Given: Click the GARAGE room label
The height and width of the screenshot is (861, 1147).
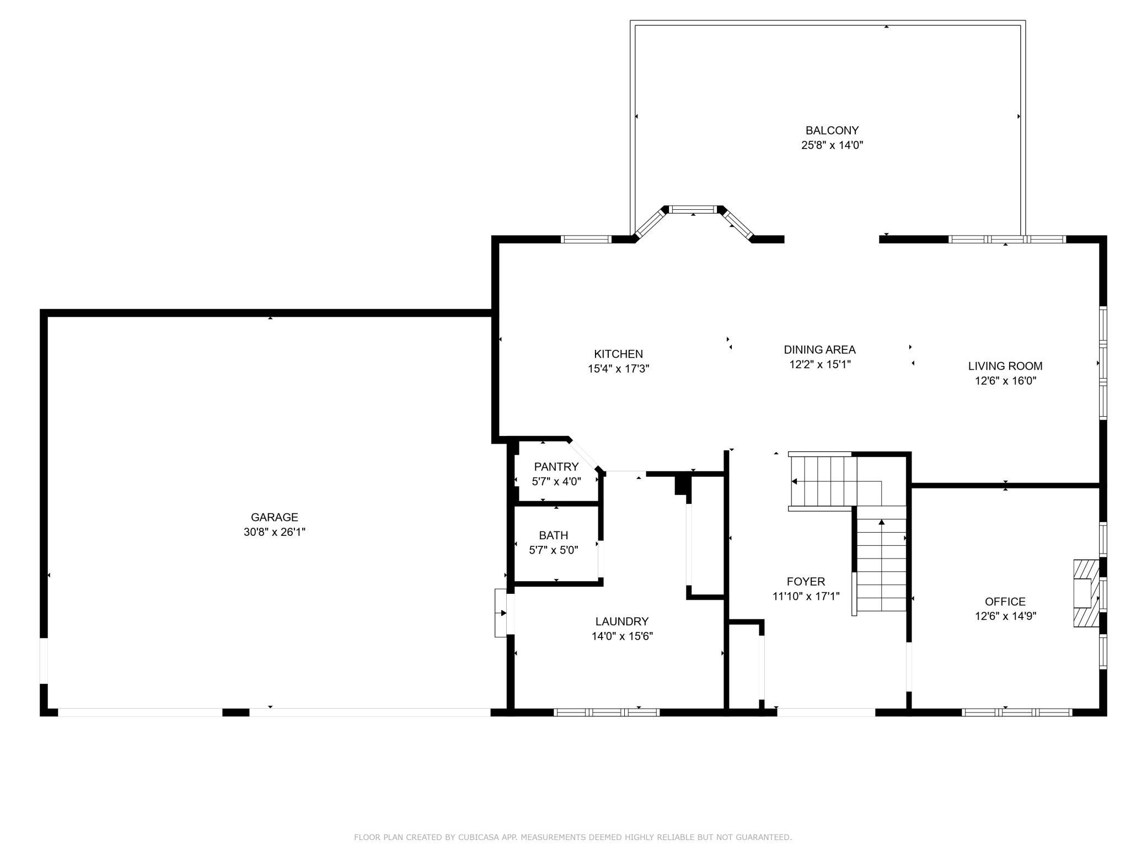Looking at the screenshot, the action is pos(274,517).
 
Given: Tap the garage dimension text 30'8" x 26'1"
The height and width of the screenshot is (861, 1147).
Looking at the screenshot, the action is pos(274,532).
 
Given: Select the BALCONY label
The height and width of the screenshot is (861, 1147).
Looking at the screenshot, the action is pos(832,131).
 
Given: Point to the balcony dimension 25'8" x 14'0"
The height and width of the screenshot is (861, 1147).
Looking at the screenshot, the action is pos(832,145).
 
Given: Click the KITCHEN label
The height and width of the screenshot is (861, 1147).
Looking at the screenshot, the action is pos(618,354).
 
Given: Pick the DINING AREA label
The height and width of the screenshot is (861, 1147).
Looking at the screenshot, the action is pos(819,350).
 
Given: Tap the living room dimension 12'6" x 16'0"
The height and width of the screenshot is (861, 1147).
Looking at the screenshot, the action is pos(1005,381).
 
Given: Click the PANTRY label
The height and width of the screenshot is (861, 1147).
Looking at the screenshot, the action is pos(556,467).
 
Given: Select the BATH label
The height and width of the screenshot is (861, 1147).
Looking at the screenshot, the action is pos(554,535).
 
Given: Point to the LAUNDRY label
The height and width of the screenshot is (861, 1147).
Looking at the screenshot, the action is pos(622,621).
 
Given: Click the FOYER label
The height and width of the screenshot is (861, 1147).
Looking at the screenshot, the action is pos(806,581).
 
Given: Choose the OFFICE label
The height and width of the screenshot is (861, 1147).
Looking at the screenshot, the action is pos(1005,602).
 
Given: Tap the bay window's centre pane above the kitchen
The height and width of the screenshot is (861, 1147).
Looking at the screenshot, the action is pos(693,210).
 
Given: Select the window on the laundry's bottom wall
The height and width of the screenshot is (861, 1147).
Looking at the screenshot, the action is pos(607,713).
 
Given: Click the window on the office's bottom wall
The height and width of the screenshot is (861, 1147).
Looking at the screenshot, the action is pos(1017,713).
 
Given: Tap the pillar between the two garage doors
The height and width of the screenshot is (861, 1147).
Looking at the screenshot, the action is pos(235,713).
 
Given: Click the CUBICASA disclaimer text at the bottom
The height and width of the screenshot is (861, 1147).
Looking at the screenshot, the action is pos(573,837).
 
